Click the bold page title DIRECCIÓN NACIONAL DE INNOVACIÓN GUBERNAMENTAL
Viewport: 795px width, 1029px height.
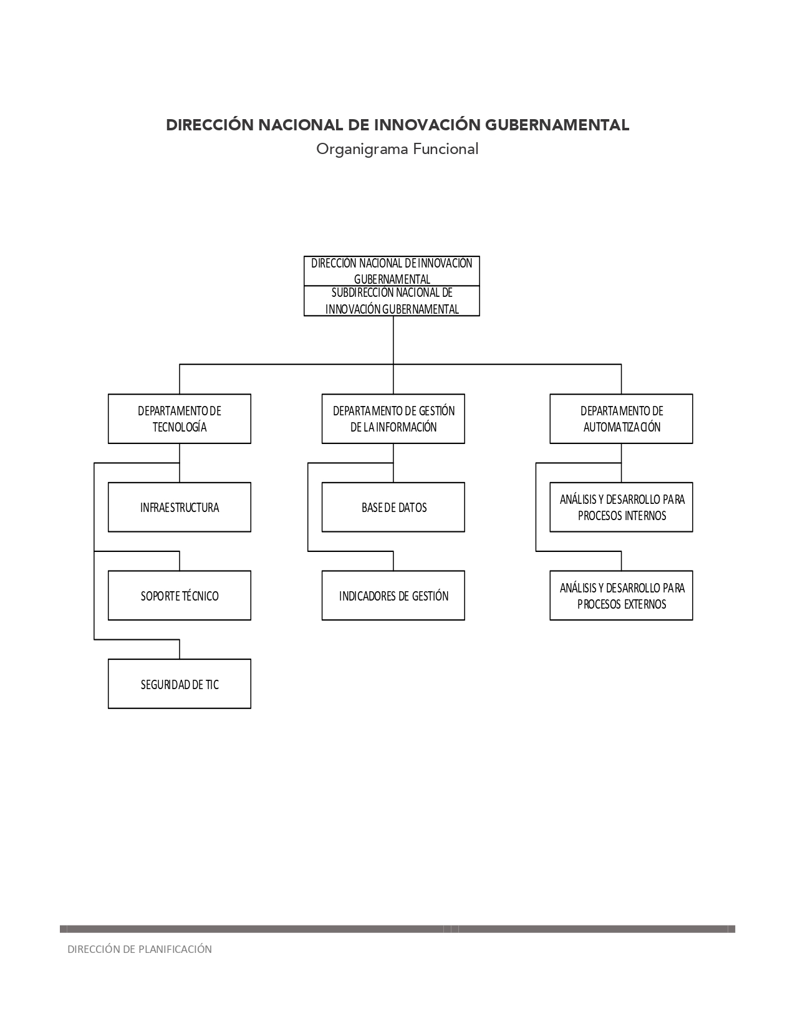point(397,125)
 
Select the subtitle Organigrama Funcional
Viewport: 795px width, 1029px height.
point(397,149)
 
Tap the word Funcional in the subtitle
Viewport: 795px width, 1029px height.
point(446,149)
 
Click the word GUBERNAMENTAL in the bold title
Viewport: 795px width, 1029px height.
point(557,125)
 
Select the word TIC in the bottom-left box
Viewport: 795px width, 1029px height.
point(212,684)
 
